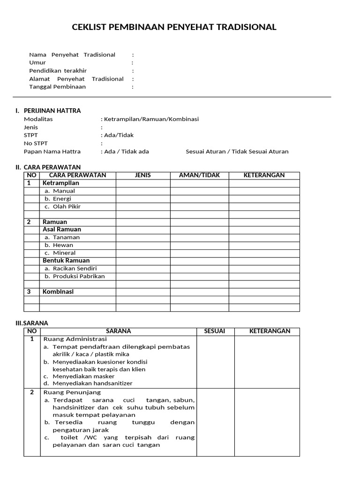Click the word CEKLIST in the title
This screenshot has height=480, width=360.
(x=89, y=27)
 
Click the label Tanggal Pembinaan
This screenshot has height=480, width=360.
(x=58, y=87)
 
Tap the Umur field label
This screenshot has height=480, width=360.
(x=37, y=62)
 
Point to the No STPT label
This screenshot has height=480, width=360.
(x=36, y=143)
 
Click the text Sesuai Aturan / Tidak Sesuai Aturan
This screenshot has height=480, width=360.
(x=237, y=151)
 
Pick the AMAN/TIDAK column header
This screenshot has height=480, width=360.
(x=199, y=175)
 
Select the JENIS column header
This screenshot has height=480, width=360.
(x=142, y=175)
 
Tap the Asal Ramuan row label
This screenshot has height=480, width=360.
(x=62, y=230)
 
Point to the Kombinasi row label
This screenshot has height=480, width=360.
(x=58, y=292)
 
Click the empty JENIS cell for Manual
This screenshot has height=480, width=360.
(x=142, y=191)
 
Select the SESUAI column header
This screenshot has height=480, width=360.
(x=215, y=331)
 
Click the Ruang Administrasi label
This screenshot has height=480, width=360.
(x=75, y=339)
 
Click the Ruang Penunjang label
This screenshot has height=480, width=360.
(x=72, y=392)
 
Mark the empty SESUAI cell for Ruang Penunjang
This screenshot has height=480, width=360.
(x=215, y=422)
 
